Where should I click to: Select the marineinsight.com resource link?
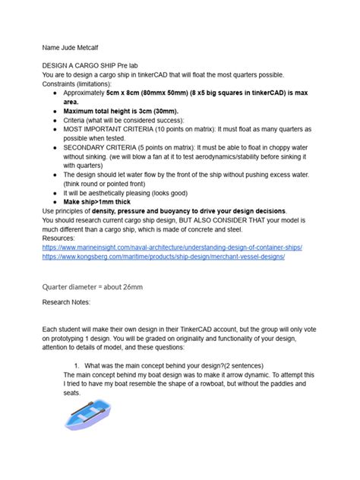173,248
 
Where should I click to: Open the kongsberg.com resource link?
163,257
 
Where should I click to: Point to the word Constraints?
62,86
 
